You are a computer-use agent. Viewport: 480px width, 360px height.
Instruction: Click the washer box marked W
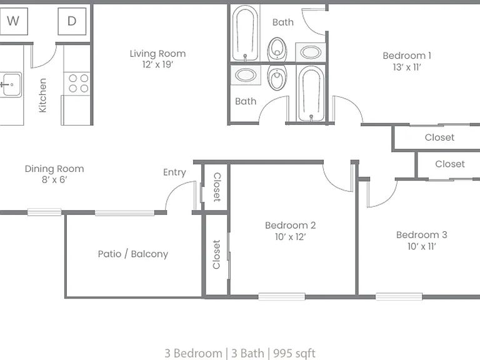tap(14, 21)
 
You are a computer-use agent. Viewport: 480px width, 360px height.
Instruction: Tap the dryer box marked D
tap(72, 21)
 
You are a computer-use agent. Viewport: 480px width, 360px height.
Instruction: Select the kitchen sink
tap(11, 84)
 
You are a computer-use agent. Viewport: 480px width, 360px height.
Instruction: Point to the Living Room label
tap(157, 54)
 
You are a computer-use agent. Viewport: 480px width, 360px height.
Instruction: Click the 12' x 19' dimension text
tap(157, 64)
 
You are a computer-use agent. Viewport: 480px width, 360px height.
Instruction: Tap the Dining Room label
tap(54, 169)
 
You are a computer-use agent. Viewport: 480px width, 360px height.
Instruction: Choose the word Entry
tap(174, 172)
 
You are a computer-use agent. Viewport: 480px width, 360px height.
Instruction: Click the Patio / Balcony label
tap(133, 254)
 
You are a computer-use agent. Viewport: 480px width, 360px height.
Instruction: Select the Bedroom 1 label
tap(407, 56)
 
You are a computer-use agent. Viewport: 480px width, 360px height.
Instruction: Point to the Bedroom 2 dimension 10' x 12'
tap(290, 237)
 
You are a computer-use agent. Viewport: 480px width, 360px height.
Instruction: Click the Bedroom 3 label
tap(421, 235)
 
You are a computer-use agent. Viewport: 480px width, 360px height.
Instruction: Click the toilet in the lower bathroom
tap(277, 77)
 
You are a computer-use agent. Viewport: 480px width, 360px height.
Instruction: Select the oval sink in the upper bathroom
tap(311, 52)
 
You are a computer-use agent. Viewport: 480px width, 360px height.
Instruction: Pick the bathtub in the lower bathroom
tap(311, 93)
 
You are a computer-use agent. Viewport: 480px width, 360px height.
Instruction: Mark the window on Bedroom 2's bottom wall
tap(282, 296)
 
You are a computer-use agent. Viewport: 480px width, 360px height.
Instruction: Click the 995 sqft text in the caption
tap(294, 353)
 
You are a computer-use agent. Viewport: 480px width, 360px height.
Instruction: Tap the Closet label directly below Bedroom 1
tap(439, 137)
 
